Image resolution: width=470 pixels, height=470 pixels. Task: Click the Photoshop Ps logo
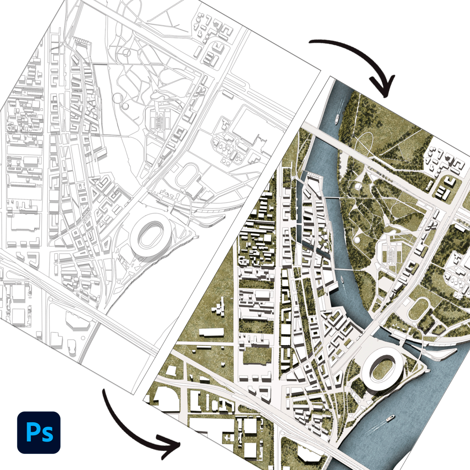pyautogui.click(x=39, y=432)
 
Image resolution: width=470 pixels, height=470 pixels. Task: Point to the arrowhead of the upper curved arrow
pyautogui.click(x=383, y=87)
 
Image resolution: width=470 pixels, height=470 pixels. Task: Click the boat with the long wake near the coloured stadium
pyautogui.click(x=389, y=418)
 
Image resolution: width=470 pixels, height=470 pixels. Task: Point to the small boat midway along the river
pyautogui.click(x=342, y=279)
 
